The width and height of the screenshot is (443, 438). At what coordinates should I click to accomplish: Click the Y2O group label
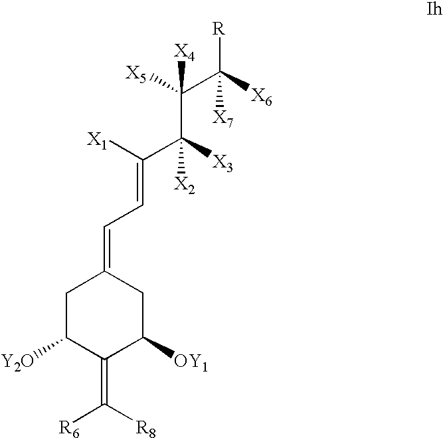point(18,362)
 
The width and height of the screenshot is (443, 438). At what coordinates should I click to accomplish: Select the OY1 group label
point(191,362)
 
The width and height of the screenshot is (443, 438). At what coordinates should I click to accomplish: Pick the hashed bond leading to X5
point(166,84)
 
